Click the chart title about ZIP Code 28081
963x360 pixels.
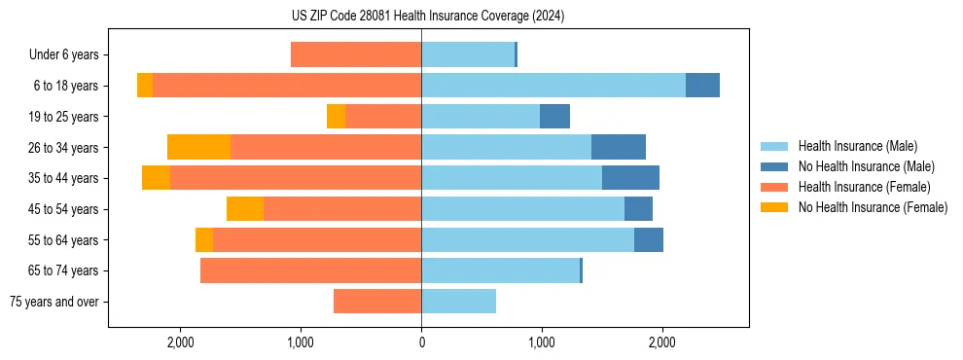coord(421,17)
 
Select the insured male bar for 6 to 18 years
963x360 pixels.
coord(553,86)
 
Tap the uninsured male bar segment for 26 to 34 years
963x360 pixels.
coord(618,147)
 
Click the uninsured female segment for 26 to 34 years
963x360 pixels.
coord(198,147)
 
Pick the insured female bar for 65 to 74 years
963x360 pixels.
coord(310,270)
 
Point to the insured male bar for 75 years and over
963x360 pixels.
coord(458,302)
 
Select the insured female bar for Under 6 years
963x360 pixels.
coord(355,54)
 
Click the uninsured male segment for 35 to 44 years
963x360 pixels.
coord(630,178)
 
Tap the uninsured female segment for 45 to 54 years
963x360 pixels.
coord(245,209)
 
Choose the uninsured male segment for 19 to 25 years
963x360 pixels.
coord(554,117)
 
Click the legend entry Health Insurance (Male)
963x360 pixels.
coord(857,146)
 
